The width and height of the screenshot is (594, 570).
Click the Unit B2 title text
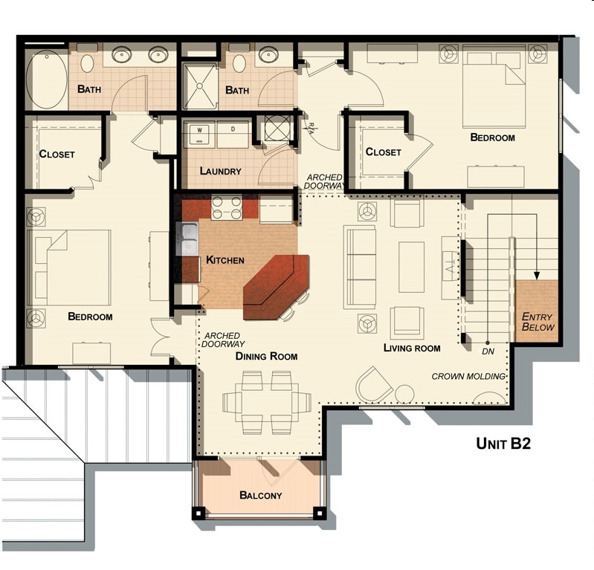[502, 444]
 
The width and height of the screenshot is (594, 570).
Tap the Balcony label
[260, 495]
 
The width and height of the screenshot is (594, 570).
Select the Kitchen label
[225, 260]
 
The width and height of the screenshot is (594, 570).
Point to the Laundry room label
[220, 171]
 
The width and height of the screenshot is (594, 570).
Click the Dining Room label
[266, 356]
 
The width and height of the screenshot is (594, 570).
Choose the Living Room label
[412, 348]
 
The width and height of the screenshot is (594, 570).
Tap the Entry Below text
[537, 321]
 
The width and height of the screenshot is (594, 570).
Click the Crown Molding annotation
[468, 376]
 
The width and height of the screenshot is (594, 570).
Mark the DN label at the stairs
[488, 350]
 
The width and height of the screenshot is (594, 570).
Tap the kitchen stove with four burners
[227, 208]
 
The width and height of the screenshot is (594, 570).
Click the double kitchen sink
[189, 239]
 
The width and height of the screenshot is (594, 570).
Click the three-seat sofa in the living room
[361, 267]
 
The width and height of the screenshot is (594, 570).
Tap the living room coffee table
[411, 267]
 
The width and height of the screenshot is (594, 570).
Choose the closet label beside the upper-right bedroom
[383, 152]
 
